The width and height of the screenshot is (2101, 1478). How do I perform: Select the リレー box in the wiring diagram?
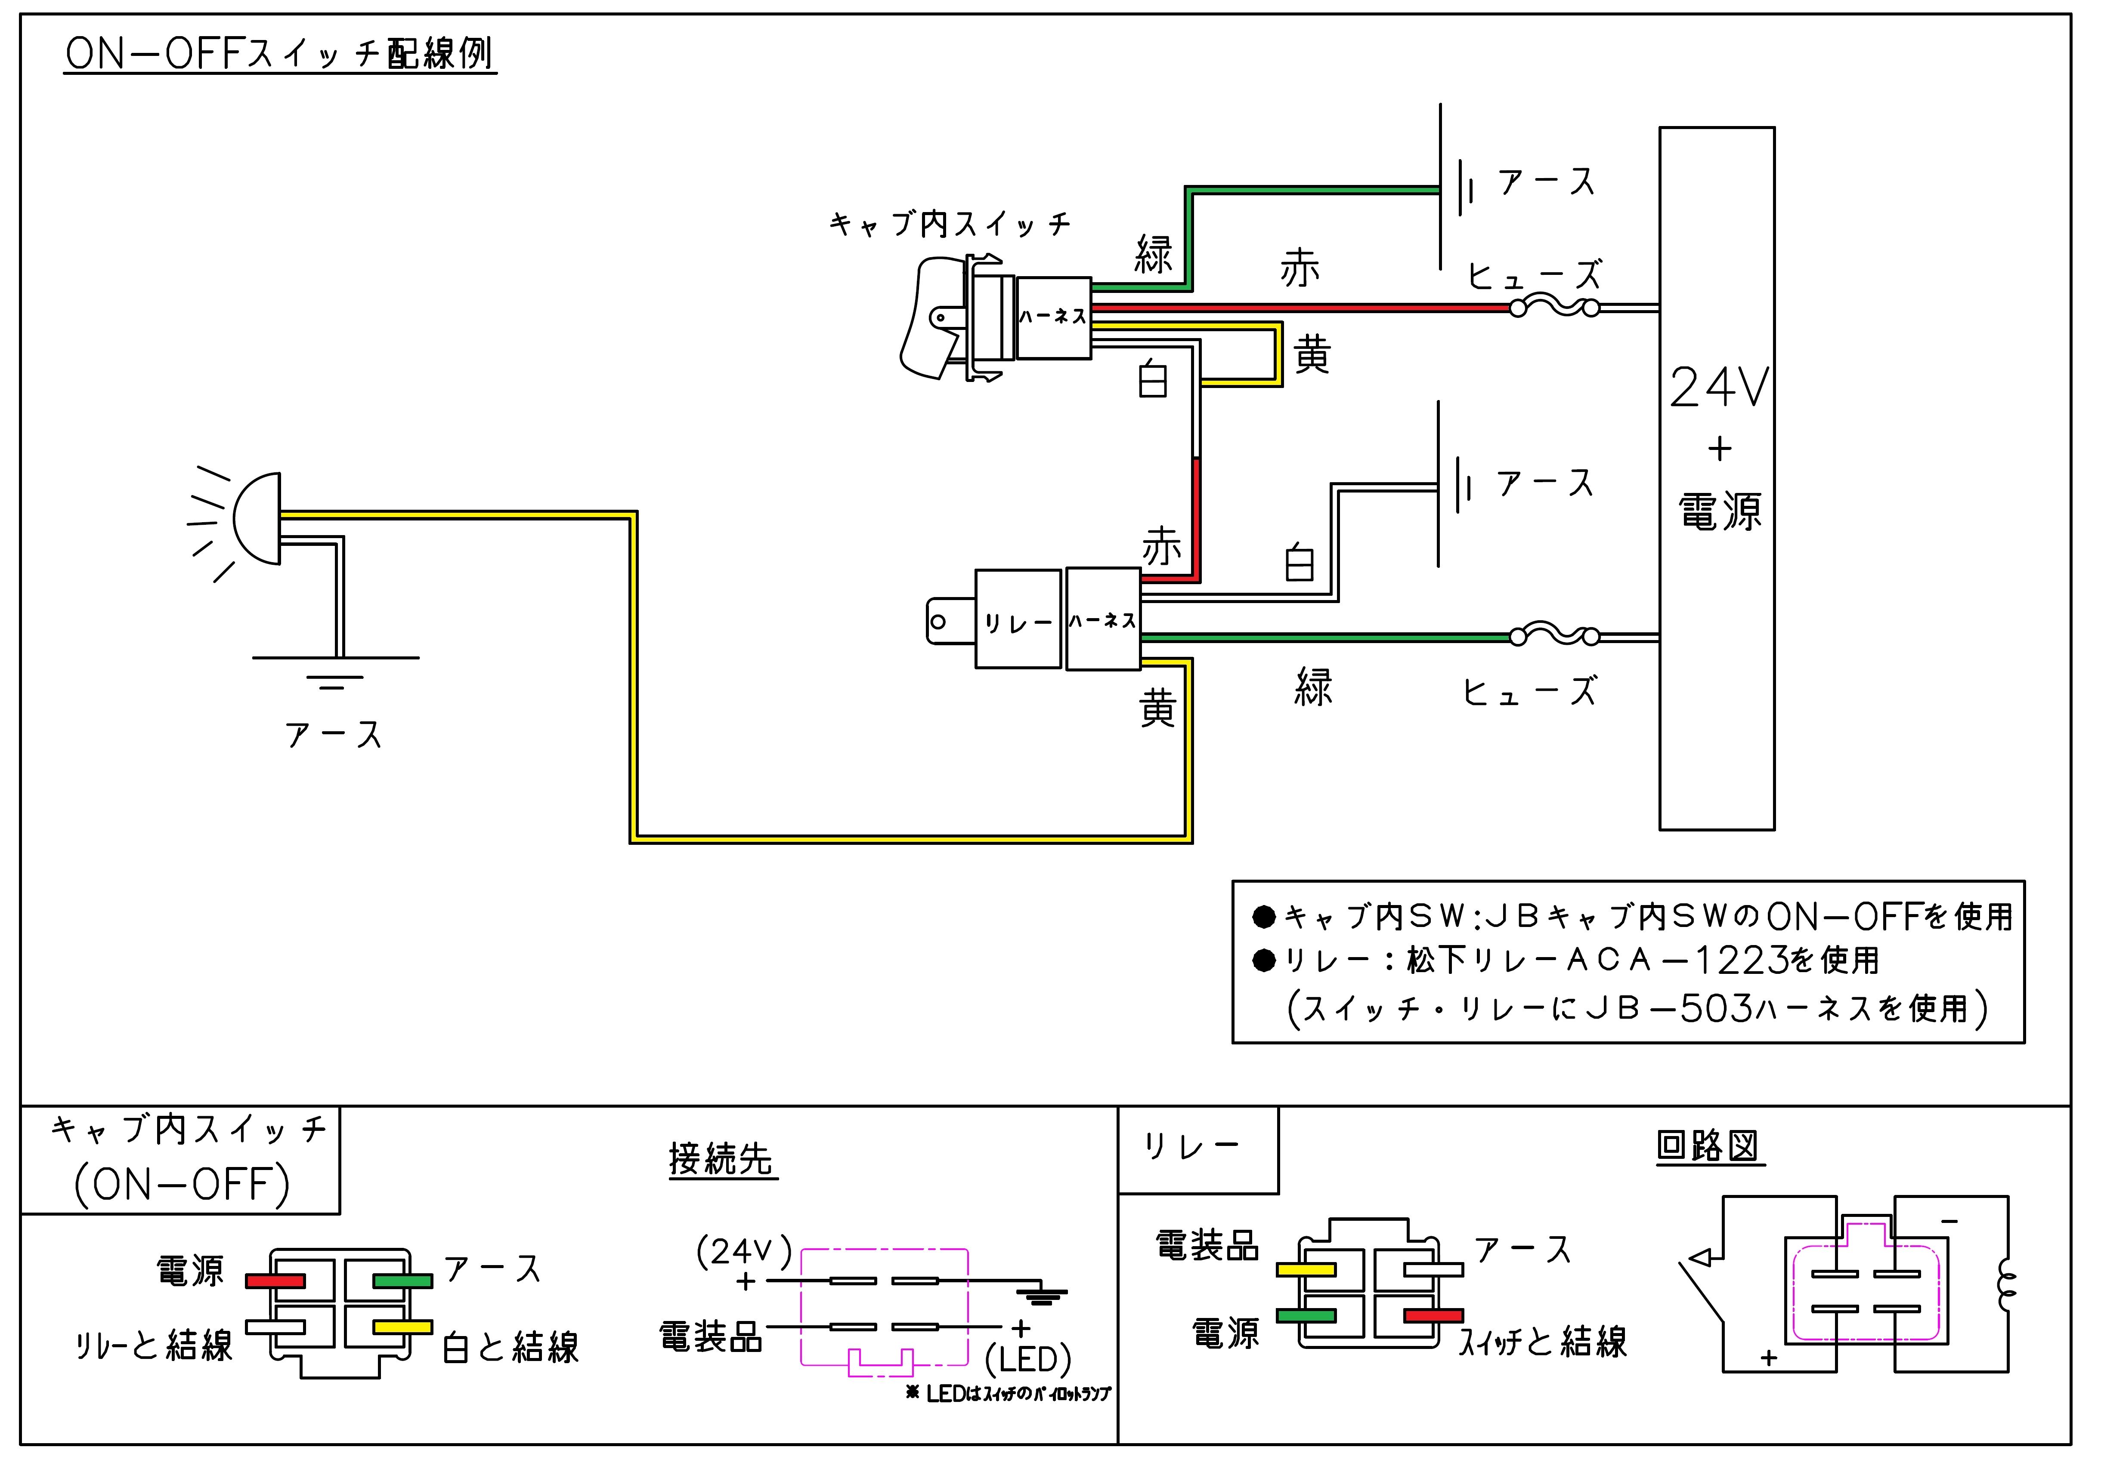(x=1018, y=620)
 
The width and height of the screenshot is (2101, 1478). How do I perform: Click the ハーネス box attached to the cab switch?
(x=1053, y=317)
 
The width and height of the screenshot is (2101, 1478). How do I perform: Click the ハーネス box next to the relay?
(x=1103, y=620)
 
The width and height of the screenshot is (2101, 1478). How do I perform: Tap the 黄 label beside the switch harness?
(x=1311, y=354)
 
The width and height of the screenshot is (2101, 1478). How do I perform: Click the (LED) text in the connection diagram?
(x=1027, y=1360)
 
